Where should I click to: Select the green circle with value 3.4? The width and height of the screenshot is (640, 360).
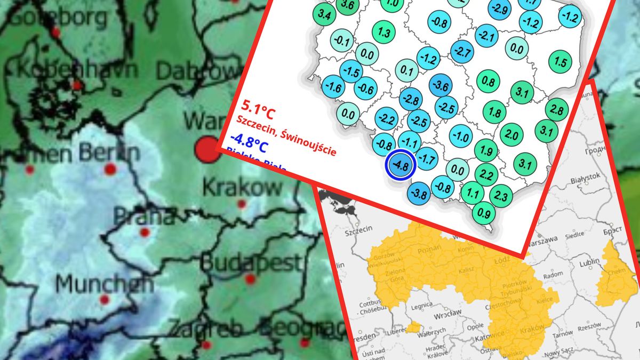[x=324, y=15]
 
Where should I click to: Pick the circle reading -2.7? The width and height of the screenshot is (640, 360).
[x=462, y=52]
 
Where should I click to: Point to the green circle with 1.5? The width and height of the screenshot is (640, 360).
[x=560, y=61]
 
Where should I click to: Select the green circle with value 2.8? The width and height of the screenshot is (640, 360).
[x=556, y=110]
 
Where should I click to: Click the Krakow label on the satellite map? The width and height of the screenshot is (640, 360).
[x=243, y=187]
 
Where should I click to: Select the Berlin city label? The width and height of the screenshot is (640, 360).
[x=109, y=153]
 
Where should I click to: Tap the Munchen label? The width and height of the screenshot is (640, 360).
[x=104, y=283]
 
